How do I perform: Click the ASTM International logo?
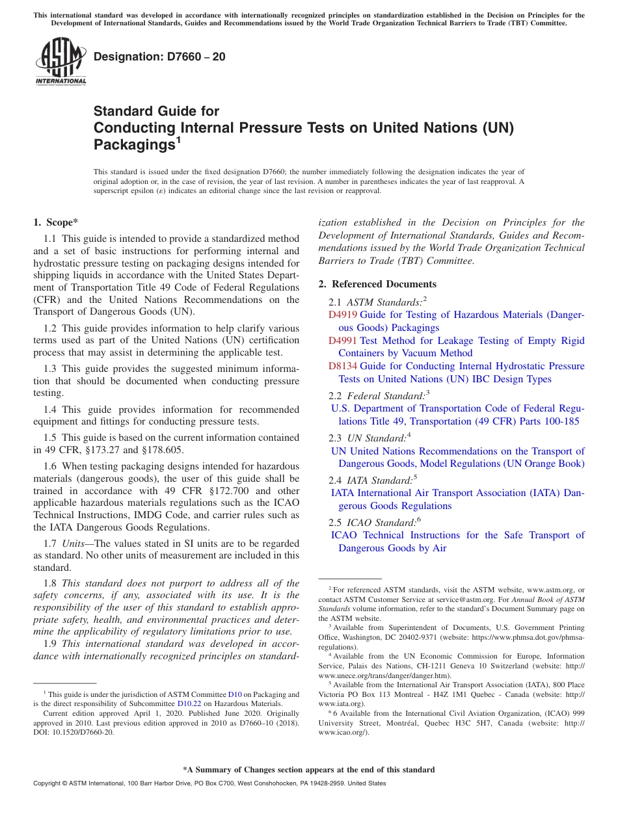pos(60,62)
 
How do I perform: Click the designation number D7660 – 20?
pos(159,57)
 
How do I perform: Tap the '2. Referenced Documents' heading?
pos(377,284)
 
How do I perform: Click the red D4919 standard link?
pos(342,315)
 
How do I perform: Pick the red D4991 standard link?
pos(342,341)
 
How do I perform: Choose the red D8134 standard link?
pos(342,366)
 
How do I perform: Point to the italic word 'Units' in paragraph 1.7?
pos(74,544)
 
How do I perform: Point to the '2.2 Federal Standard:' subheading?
pos(377,395)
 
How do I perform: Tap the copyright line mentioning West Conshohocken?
pos(209,783)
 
